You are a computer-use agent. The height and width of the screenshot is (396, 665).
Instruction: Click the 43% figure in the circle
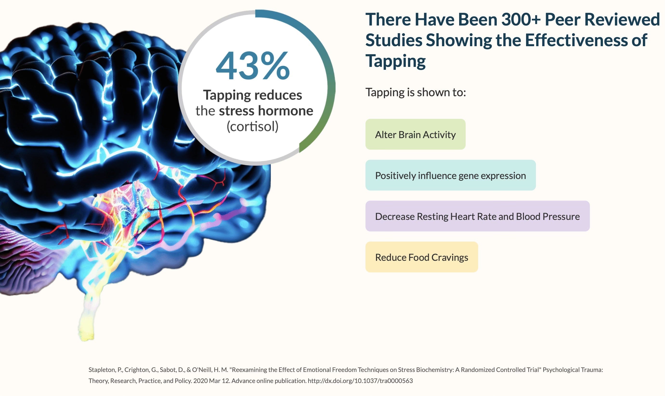point(253,66)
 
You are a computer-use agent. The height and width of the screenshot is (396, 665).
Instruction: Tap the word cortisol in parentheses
point(253,127)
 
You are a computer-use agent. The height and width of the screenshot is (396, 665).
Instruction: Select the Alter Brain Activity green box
point(415,134)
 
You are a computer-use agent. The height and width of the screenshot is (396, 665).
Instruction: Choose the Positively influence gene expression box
point(450,175)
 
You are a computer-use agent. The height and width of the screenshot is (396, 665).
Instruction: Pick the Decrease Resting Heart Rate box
point(477,216)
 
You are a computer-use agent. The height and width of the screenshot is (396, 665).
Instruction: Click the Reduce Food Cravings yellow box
point(422,257)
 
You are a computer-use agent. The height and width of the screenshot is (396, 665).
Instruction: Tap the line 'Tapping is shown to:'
point(416,93)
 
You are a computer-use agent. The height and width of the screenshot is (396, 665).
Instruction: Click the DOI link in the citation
point(360,381)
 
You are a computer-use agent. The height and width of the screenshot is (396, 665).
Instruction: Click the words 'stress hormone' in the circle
point(266,111)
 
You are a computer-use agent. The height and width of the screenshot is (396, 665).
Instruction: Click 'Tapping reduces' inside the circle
point(253,95)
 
